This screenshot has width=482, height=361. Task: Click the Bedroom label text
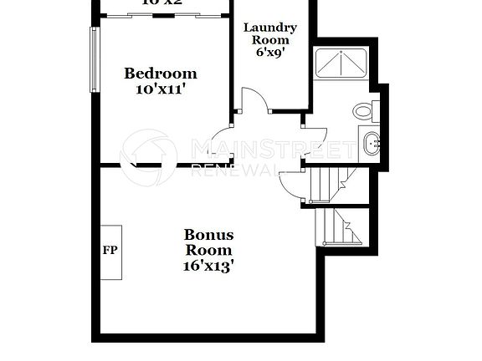(160, 74)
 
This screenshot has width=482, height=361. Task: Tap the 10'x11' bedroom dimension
(160, 89)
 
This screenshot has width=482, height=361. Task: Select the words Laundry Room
(266, 33)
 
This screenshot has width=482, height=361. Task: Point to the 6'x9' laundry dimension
(266, 52)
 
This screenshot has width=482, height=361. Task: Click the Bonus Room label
(208, 242)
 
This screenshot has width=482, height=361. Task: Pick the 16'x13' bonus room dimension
(208, 266)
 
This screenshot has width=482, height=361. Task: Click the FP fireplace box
(110, 250)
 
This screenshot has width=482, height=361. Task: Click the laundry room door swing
(255, 100)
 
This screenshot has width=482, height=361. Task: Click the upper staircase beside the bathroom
(330, 184)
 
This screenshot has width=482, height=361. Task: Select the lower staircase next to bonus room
(341, 226)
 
